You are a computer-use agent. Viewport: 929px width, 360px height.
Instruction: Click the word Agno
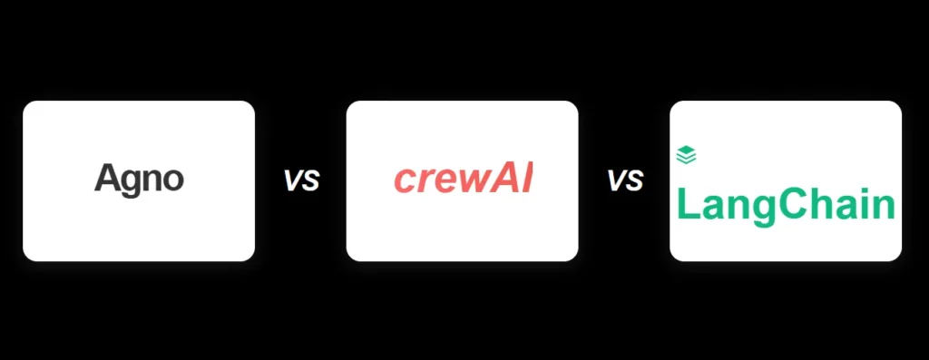[x=139, y=179]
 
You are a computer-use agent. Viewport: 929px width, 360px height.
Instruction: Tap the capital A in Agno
[x=106, y=178]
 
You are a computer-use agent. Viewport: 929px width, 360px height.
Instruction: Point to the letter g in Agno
[x=131, y=181]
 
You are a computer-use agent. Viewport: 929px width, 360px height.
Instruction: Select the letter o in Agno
[x=173, y=180]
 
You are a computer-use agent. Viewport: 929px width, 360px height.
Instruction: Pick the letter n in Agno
[x=152, y=180]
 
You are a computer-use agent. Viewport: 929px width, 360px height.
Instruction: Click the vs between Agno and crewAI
[x=300, y=180]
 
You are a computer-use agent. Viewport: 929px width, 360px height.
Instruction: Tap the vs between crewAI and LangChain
[x=624, y=180]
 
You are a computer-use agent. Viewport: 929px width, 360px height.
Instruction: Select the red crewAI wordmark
[x=463, y=180]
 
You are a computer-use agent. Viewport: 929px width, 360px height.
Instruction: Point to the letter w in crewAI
[x=468, y=181]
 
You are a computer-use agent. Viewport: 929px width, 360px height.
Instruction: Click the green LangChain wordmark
[x=786, y=206]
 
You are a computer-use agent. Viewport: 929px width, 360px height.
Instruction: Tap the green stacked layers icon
[x=686, y=155]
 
